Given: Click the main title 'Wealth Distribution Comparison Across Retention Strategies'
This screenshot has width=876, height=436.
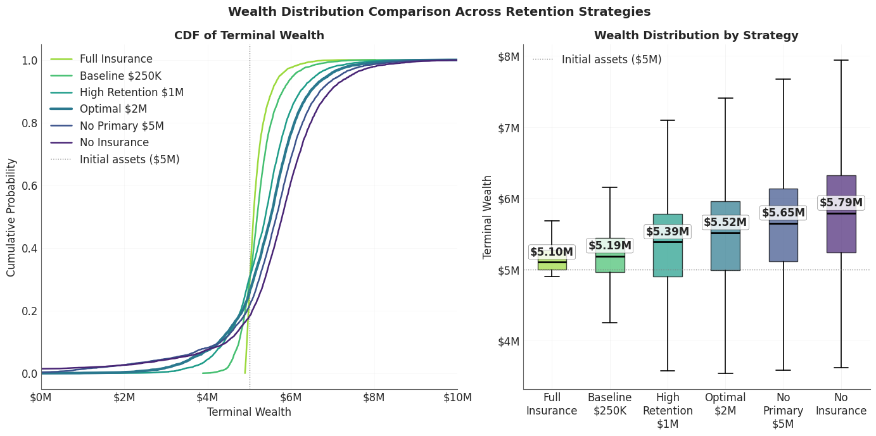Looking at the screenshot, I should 439,12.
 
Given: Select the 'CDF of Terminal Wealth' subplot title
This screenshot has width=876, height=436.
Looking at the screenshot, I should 249,36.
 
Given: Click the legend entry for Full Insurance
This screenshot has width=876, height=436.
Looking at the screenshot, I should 116,59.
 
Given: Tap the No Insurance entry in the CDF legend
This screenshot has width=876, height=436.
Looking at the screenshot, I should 114,143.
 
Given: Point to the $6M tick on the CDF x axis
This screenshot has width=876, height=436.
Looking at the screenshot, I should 291,397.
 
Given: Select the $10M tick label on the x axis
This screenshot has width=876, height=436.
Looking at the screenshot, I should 457,397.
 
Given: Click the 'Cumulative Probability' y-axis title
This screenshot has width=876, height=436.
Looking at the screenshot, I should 11,217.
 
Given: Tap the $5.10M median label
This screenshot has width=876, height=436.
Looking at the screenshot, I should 551,252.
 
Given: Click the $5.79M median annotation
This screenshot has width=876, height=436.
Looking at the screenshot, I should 841,202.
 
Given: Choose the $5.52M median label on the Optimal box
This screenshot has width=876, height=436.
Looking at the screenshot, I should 725,222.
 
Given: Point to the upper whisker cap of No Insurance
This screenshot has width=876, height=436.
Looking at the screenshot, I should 841,60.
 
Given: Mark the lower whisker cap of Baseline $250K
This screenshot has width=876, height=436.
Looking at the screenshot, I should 609,323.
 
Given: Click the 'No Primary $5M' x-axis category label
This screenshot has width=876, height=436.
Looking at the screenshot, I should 783,411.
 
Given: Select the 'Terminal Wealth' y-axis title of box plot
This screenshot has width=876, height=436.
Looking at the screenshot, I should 488,217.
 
